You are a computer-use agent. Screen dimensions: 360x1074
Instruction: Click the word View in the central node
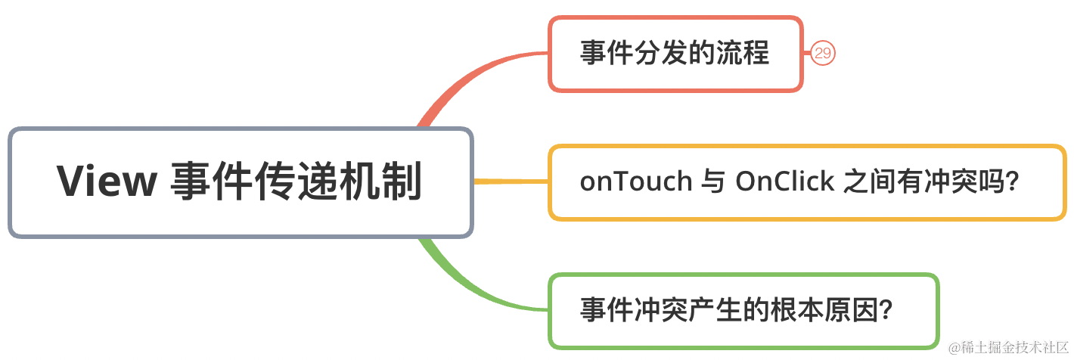pyautogui.click(x=107, y=182)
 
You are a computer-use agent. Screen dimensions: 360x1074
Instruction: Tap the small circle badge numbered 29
pyautogui.click(x=822, y=53)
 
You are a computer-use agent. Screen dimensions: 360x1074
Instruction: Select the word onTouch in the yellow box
pyautogui.click(x=636, y=182)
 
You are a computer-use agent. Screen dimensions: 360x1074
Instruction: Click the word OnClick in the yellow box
pyautogui.click(x=784, y=182)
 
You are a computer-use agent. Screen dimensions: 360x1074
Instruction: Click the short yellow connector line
pyautogui.click(x=511, y=182)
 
